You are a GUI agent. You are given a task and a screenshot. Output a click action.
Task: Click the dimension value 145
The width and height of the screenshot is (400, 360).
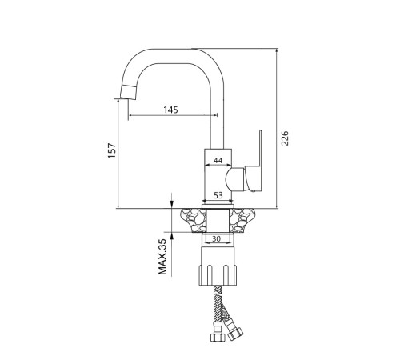[170, 110]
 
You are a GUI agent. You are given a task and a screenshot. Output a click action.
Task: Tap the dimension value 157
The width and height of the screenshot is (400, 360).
[112, 150]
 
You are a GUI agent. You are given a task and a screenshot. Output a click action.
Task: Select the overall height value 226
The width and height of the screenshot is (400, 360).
[285, 138]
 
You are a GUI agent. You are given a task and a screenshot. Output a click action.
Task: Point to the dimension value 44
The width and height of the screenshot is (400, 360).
[218, 160]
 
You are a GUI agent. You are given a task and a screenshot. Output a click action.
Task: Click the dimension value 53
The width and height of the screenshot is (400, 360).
[218, 195]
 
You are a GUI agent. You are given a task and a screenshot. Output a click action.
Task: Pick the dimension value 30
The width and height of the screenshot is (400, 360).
[216, 239]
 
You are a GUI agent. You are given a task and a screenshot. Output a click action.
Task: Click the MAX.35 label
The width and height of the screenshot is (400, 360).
[162, 257]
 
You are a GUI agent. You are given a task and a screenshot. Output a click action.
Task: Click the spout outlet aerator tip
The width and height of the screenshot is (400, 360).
[128, 92]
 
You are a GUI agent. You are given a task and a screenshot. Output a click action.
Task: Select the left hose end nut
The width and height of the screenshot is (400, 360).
[218, 338]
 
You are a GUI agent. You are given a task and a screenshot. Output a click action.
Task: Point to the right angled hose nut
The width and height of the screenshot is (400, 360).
[235, 334]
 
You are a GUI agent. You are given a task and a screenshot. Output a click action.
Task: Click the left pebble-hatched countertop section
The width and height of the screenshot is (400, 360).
[194, 220]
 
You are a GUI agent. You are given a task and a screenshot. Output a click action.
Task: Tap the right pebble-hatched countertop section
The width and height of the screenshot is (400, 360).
[242, 220]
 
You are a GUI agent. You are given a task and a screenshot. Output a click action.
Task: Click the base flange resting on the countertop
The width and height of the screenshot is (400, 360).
[218, 206]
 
